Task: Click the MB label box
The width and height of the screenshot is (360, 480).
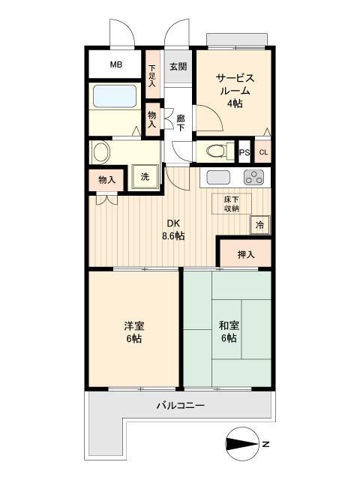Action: point(115,64)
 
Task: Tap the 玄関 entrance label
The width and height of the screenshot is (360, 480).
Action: point(178,67)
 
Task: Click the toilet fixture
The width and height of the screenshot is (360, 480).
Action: point(216,150)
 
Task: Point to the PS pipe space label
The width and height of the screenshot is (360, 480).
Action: point(244,152)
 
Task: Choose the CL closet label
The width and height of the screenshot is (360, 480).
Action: point(262,152)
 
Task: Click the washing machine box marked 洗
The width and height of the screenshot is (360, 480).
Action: point(144,177)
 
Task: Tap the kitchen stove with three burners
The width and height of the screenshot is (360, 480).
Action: point(253,178)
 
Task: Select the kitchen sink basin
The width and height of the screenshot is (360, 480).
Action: point(218,178)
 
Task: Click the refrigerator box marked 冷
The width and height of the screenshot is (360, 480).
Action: point(260,224)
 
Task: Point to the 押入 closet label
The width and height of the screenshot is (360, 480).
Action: point(245,255)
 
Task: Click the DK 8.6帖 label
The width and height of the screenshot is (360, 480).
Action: point(174,229)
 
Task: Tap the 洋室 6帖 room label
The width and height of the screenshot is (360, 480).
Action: point(134,332)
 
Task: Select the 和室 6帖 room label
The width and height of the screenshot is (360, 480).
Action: point(228,332)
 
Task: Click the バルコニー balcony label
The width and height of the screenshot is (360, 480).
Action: point(180,406)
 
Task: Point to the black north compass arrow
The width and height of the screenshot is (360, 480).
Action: point(241,444)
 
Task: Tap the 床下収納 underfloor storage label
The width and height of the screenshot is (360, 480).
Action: point(232,203)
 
